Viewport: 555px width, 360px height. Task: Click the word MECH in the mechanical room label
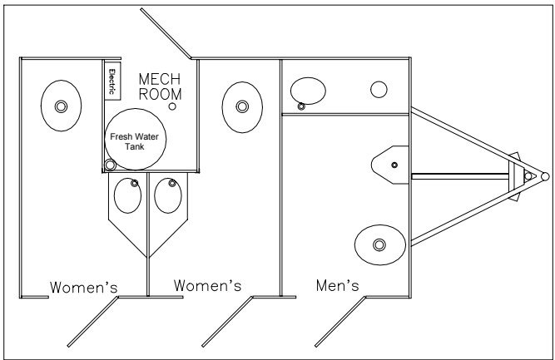[155, 78]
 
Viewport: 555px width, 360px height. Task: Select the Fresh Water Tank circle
[136, 140]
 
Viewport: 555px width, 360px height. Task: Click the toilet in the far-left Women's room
[60, 106]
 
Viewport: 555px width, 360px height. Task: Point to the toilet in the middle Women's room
[240, 106]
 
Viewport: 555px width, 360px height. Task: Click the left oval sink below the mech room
[126, 197]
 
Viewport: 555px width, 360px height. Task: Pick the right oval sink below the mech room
[169, 197]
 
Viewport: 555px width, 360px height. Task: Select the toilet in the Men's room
[379, 244]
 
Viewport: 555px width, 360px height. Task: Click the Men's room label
[338, 286]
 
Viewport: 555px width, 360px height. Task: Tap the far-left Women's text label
[83, 288]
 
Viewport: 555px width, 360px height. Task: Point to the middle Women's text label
[207, 286]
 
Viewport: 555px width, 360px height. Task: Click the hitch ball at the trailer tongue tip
[543, 176]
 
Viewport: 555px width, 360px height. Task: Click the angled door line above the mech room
[166, 33]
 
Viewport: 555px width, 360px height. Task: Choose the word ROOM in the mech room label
[155, 94]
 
